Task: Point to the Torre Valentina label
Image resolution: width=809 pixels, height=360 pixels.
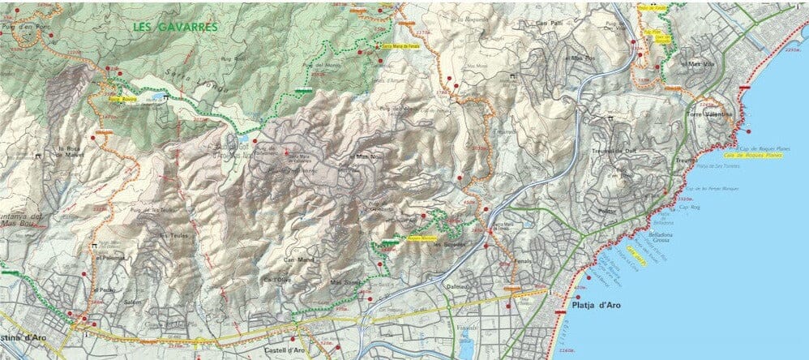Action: [x=708, y=115]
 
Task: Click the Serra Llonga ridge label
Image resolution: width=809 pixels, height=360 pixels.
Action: [x=213, y=87]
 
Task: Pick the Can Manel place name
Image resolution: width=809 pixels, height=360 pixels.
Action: [x=276, y=259]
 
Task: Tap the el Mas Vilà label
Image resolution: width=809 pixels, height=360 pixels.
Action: [x=696, y=64]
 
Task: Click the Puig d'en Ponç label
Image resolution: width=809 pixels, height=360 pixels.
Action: [x=28, y=28]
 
